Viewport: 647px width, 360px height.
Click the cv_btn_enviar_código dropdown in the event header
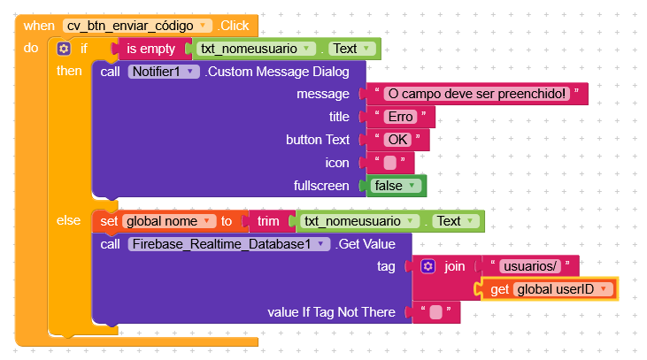point(137,26)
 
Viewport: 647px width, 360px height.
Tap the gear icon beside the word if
point(64,49)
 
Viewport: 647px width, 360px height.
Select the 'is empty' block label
point(150,49)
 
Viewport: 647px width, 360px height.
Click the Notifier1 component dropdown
point(164,72)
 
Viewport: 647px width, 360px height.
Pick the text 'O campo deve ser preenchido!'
point(476,94)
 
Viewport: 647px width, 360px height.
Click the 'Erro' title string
point(400,117)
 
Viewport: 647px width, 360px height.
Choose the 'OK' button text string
point(397,140)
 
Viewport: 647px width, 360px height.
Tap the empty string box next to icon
point(390,163)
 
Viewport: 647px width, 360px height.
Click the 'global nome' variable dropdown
point(169,221)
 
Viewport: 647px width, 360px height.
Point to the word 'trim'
point(268,221)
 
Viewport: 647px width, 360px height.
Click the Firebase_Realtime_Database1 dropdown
point(229,244)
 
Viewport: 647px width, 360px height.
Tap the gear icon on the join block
point(427,266)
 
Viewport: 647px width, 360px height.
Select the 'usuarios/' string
point(530,266)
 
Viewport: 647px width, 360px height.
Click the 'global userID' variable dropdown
point(563,289)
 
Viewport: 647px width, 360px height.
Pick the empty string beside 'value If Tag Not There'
point(435,312)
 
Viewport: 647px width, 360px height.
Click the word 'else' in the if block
point(68,220)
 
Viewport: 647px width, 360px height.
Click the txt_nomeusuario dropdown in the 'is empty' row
point(256,49)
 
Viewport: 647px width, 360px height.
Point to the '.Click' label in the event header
point(233,26)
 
